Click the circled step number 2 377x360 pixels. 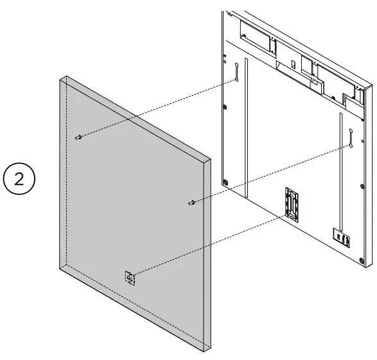point(21,178)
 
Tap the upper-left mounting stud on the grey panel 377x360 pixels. point(78,137)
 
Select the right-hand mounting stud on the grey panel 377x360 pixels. point(191,203)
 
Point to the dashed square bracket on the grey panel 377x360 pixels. point(130,278)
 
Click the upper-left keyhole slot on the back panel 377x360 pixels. point(236,71)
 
